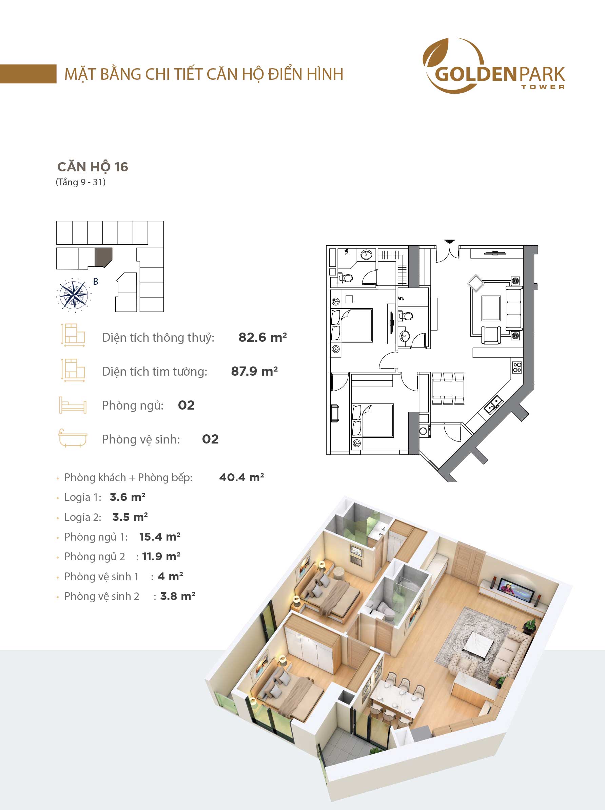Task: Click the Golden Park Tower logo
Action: pyautogui.click(x=494, y=65)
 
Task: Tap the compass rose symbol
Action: pyautogui.click(x=74, y=295)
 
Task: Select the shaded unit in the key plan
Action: pyautogui.click(x=103, y=257)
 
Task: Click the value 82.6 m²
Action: pyautogui.click(x=262, y=337)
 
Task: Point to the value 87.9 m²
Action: pyautogui.click(x=254, y=371)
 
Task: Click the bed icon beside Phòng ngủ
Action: pyautogui.click(x=73, y=405)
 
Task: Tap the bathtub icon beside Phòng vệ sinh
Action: pyautogui.click(x=73, y=438)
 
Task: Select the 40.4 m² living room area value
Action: pyautogui.click(x=241, y=477)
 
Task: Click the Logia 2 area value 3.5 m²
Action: pyautogui.click(x=130, y=517)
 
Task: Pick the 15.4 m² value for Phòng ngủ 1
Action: pyautogui.click(x=160, y=537)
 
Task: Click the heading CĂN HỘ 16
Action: pyautogui.click(x=93, y=167)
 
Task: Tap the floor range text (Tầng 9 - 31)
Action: pyautogui.click(x=80, y=182)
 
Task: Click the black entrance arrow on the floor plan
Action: pyautogui.click(x=450, y=242)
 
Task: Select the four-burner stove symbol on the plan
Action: pyautogui.click(x=517, y=367)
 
